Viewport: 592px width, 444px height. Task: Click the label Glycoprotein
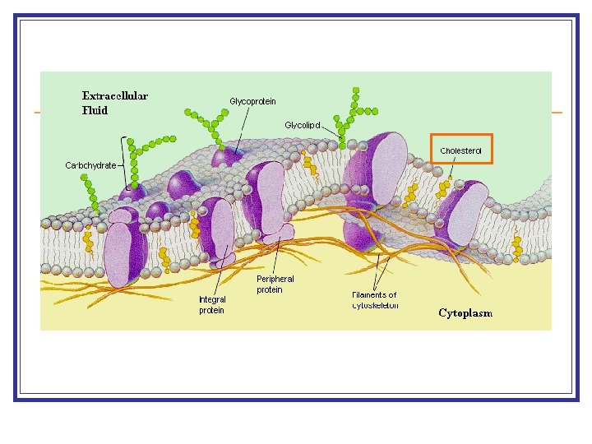pyautogui.click(x=252, y=101)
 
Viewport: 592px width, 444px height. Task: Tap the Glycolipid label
pyautogui.click(x=303, y=125)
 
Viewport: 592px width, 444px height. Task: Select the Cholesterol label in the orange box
pyautogui.click(x=460, y=150)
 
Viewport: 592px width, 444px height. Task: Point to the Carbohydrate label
pyautogui.click(x=90, y=165)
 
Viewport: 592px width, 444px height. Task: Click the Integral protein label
pyautogui.click(x=211, y=305)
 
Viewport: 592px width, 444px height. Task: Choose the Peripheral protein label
pyautogui.click(x=275, y=284)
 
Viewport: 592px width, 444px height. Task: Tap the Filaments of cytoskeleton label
pyautogui.click(x=374, y=300)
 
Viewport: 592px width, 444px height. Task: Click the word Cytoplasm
pyautogui.click(x=465, y=313)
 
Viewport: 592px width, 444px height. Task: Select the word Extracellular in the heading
pyautogui.click(x=115, y=96)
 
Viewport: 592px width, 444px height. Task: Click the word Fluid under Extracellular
pyautogui.click(x=95, y=109)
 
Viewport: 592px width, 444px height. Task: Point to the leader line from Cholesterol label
pyautogui.click(x=453, y=167)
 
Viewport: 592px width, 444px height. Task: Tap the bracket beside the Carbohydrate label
pyautogui.click(x=124, y=164)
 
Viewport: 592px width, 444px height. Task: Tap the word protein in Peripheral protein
pyautogui.click(x=269, y=290)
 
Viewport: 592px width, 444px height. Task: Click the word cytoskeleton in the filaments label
pyautogui.click(x=375, y=306)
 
